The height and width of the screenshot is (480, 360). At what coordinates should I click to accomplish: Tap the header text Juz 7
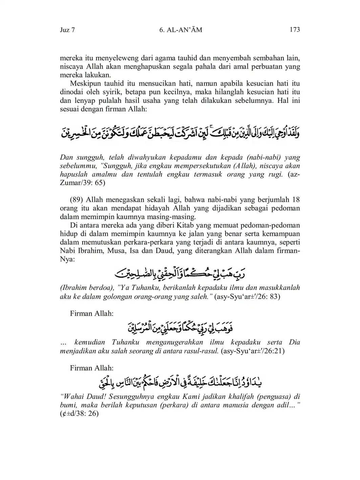(x=67, y=30)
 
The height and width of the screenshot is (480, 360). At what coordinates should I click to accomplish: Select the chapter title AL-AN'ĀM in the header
(x=185, y=30)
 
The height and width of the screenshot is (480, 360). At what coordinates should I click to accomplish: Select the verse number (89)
(x=77, y=200)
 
